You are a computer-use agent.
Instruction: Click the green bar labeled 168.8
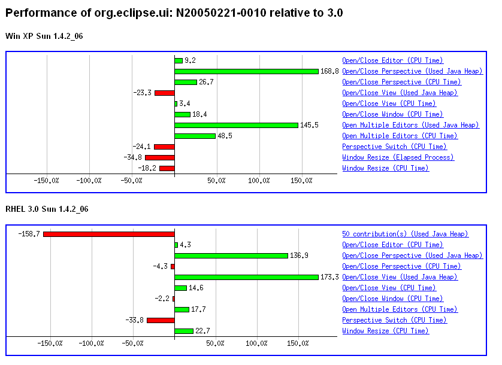(x=246, y=71)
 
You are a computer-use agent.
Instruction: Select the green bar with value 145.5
(x=236, y=125)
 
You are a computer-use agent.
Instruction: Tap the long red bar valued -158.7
(x=108, y=234)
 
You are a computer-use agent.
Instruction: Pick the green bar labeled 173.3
(x=246, y=277)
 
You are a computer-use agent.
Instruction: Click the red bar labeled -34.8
(x=159, y=157)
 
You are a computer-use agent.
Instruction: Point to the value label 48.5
(x=225, y=136)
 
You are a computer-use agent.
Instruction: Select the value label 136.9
(x=300, y=255)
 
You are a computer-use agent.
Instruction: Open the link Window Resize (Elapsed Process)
(x=398, y=157)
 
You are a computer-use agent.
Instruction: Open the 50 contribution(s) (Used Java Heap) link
(x=405, y=234)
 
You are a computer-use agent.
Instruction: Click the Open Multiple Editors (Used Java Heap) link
(x=410, y=125)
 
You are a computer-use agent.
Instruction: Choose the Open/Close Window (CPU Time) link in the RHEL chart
(x=392, y=299)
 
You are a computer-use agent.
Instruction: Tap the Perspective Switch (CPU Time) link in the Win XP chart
(x=394, y=147)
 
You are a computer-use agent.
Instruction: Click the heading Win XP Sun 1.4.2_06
(x=44, y=36)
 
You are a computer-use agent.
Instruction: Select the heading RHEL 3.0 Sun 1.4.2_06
(x=47, y=209)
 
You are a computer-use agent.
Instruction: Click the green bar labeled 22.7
(x=184, y=331)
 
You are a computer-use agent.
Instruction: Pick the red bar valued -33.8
(x=161, y=320)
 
